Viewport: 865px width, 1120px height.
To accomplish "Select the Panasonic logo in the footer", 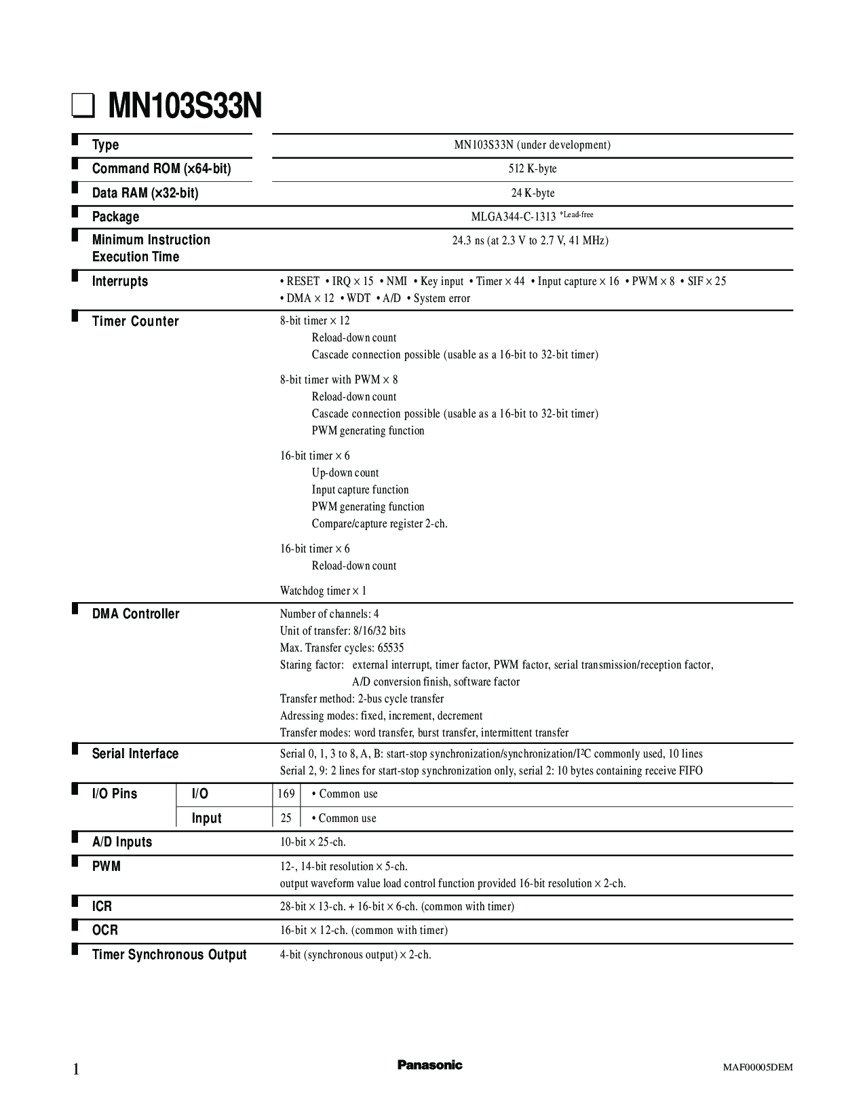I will pyautogui.click(x=429, y=1065).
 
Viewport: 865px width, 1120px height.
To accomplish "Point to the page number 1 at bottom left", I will pyautogui.click(x=76, y=1070).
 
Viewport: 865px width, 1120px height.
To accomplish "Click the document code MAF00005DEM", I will pyautogui.click(x=757, y=1067).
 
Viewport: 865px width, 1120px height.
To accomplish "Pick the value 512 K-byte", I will pyautogui.click(x=533, y=169).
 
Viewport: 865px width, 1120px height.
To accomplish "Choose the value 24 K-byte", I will pyautogui.click(x=533, y=193).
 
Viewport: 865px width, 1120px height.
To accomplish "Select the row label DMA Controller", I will pyautogui.click(x=136, y=614).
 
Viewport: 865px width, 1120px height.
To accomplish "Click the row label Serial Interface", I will pyautogui.click(x=135, y=754).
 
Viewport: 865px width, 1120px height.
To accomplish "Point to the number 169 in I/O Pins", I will pyautogui.click(x=286, y=794).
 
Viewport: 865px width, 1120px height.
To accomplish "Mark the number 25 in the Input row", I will pyautogui.click(x=286, y=818).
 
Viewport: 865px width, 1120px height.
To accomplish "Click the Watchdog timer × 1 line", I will pyautogui.click(x=323, y=591).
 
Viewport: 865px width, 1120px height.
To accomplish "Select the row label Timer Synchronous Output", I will pyautogui.click(x=169, y=955).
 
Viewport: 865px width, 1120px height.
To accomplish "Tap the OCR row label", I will pyautogui.click(x=105, y=931).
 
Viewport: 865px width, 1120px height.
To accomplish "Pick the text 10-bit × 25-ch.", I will pyautogui.click(x=313, y=842).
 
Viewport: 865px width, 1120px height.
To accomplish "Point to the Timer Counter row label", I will pyautogui.click(x=136, y=322).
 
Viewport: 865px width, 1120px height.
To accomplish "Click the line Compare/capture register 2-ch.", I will pyautogui.click(x=379, y=524).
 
